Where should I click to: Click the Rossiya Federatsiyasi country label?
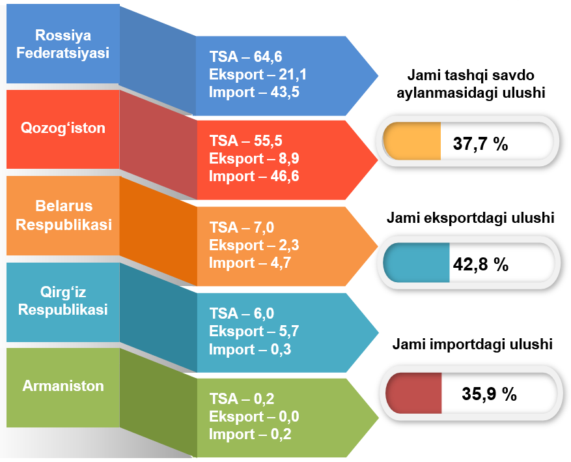tap(63, 44)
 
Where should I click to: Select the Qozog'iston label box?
tap(63, 128)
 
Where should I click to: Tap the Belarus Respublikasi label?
tap(64, 215)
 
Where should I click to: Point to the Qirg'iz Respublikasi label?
tap(63, 301)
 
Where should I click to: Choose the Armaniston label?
tap(63, 386)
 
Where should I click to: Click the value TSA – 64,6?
tap(246, 57)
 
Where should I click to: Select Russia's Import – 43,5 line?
tap(254, 92)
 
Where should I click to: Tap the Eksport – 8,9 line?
tap(254, 158)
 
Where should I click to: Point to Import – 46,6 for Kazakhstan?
tap(254, 177)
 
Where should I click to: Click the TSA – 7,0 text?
tap(242, 227)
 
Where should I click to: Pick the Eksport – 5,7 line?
tap(254, 331)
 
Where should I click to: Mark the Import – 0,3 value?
tap(250, 349)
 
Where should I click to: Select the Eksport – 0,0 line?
tap(254, 416)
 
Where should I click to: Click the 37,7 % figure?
tap(480, 143)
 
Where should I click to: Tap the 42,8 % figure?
tap(480, 264)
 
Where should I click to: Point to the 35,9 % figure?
tap(489, 394)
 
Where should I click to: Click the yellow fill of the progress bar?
tap(412, 141)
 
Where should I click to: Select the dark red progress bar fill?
tap(413, 393)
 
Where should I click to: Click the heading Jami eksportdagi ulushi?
tap(471, 218)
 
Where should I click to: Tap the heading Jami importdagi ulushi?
tap(472, 344)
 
